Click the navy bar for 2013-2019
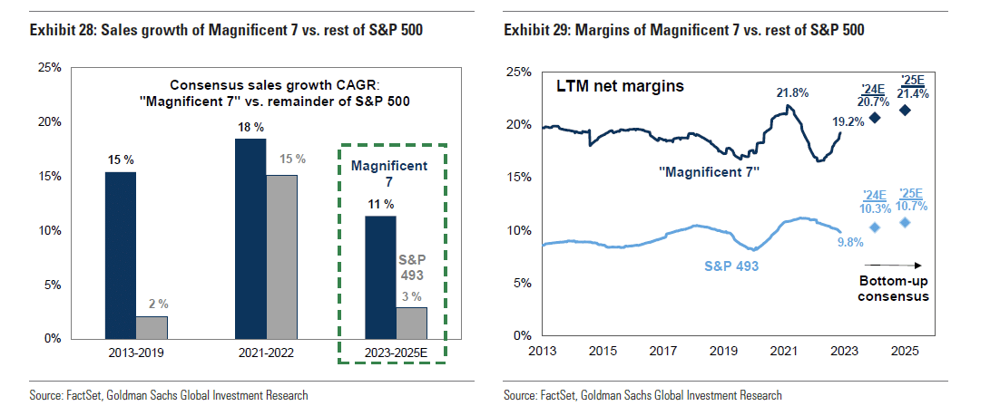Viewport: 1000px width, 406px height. [121, 255]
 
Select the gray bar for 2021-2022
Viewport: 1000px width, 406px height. [281, 256]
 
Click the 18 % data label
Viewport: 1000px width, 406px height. [250, 126]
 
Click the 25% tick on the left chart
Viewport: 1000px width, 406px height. [49, 68]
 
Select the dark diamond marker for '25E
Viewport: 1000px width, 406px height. [905, 111]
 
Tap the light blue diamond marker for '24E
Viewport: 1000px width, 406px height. [875, 227]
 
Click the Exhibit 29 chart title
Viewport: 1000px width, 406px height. [683, 31]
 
